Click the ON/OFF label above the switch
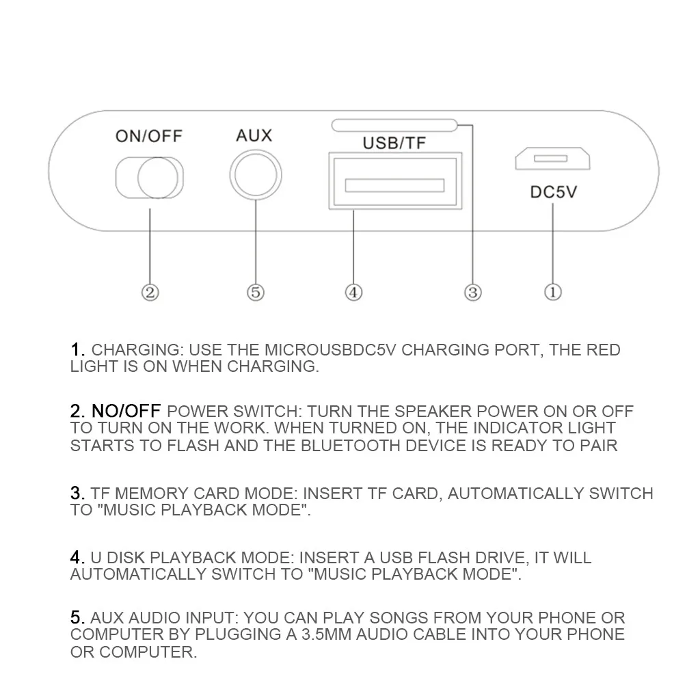pos(149,135)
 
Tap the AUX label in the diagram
pos(254,135)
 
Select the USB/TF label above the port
pos(394,143)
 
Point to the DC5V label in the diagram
pos(554,191)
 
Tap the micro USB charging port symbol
pos(552,159)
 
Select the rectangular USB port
pos(394,180)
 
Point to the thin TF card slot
pos(394,125)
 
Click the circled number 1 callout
pos(553,292)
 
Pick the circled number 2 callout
pos(150,293)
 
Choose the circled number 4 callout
pos(353,293)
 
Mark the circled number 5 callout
pos(254,293)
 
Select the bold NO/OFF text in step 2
pos(126,412)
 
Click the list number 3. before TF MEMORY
pos(78,493)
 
